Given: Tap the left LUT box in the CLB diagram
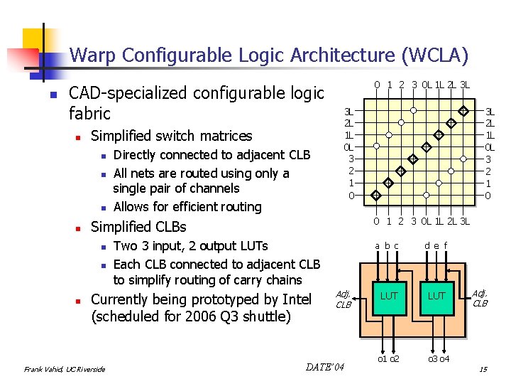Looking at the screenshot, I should pos(389,295).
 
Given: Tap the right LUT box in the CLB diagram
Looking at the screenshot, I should pos(437,295).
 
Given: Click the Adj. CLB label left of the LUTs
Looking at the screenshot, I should pos(344,299).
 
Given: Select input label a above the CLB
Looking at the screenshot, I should pos(378,246).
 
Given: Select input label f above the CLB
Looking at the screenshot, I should pos(444,246).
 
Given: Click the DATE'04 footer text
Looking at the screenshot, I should pos(325,367).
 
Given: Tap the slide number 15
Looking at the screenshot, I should pos(483,368).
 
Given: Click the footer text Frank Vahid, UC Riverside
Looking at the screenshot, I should pos(65,369).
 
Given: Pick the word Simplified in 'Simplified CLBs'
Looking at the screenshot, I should pos(124,227).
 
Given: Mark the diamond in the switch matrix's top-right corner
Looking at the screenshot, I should pos(463,111).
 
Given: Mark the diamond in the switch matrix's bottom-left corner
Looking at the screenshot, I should pos(375,195).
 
